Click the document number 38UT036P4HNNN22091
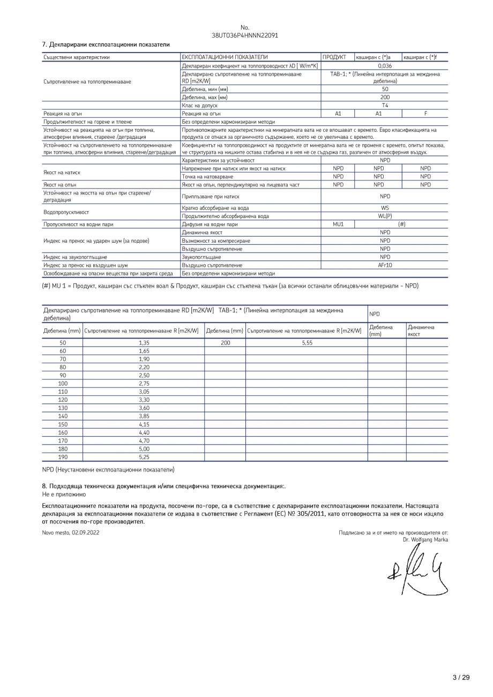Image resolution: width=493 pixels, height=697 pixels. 245,35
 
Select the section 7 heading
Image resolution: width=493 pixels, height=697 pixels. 106,44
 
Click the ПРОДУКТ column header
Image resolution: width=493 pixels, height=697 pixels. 334,57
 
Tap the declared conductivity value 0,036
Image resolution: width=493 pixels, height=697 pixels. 384,65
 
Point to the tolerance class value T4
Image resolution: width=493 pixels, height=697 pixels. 384,106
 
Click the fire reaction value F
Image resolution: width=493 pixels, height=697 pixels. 425,114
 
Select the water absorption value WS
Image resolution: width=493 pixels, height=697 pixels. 384,208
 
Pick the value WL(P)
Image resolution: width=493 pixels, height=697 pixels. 384,216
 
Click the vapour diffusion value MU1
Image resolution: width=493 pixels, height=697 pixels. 338,224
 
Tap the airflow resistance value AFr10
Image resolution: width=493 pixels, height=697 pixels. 384,265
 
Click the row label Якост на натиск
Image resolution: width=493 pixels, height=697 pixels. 62,173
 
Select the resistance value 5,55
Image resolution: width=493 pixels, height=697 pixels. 307,343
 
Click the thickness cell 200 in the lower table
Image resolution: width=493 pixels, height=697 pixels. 225,343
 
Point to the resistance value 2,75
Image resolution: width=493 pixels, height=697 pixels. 144,384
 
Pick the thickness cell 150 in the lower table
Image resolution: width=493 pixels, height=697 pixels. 63,424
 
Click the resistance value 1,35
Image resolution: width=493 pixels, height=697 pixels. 144,343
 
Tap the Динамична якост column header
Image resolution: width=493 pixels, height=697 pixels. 421,331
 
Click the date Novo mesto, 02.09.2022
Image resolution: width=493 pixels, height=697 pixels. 71,533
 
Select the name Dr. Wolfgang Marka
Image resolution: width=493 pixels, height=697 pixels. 425,539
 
